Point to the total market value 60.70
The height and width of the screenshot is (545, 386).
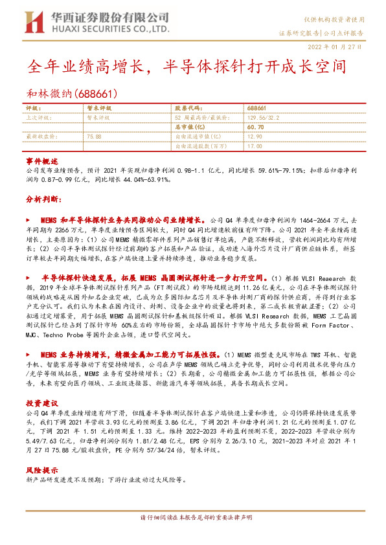tap(256, 128)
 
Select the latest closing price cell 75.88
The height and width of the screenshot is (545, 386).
tap(95, 137)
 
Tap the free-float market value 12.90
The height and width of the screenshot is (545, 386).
tap(255, 137)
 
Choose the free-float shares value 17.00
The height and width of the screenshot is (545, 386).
tap(255, 147)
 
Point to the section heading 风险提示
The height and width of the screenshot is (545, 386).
tap(42, 471)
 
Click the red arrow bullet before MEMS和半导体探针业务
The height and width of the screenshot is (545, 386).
tap(28, 221)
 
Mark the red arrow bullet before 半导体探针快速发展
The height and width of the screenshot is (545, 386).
tap(28, 276)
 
